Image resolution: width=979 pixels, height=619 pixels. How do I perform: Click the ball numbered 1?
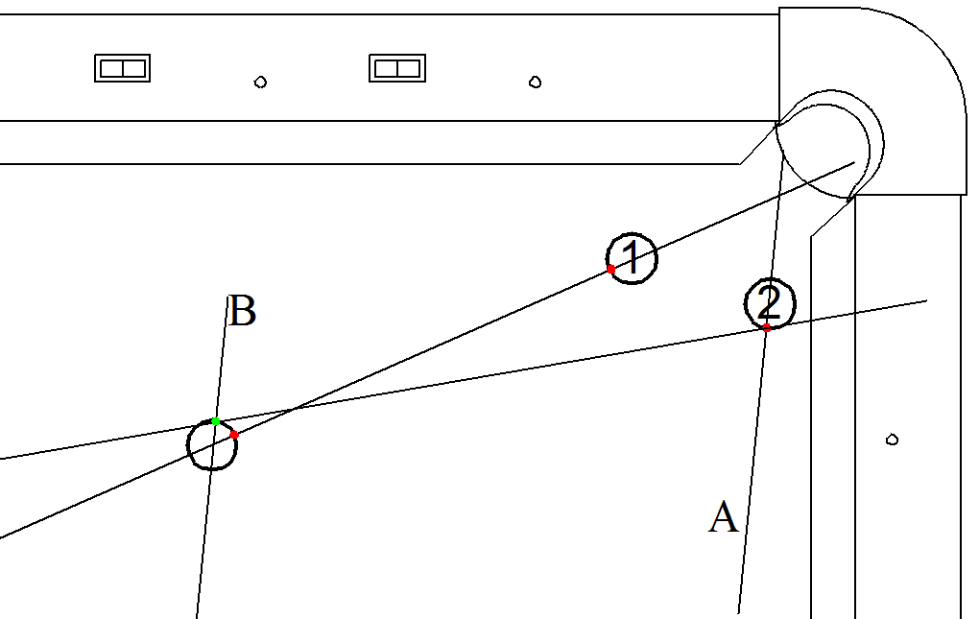(x=633, y=257)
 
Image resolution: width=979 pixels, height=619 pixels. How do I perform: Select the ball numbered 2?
(x=770, y=303)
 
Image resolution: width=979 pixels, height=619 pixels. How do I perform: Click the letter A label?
(x=724, y=517)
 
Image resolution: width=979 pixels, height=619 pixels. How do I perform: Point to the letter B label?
(x=243, y=312)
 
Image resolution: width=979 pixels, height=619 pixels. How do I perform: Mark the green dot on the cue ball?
(x=216, y=421)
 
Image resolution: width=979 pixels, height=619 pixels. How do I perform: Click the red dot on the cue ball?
(x=234, y=435)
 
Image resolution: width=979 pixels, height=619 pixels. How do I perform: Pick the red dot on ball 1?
(x=611, y=269)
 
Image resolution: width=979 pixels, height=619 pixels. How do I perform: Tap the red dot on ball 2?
(x=767, y=328)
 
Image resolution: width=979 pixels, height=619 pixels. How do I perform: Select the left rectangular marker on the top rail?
(x=122, y=68)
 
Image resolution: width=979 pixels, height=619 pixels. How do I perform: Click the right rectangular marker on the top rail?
(x=397, y=68)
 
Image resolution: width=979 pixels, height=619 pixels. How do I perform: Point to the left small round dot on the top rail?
(x=260, y=82)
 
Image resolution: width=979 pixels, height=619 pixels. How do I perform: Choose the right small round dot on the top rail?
(x=536, y=82)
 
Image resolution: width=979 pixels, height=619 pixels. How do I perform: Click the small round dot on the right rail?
(x=892, y=440)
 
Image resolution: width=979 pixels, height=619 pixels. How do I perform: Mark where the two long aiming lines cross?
(x=291, y=410)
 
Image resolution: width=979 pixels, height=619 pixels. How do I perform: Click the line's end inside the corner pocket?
(x=853, y=162)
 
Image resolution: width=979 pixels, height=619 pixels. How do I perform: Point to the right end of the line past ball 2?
(x=926, y=301)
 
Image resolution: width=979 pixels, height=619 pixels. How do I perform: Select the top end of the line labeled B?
(x=227, y=298)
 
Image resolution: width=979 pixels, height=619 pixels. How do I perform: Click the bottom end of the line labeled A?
(x=738, y=612)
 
